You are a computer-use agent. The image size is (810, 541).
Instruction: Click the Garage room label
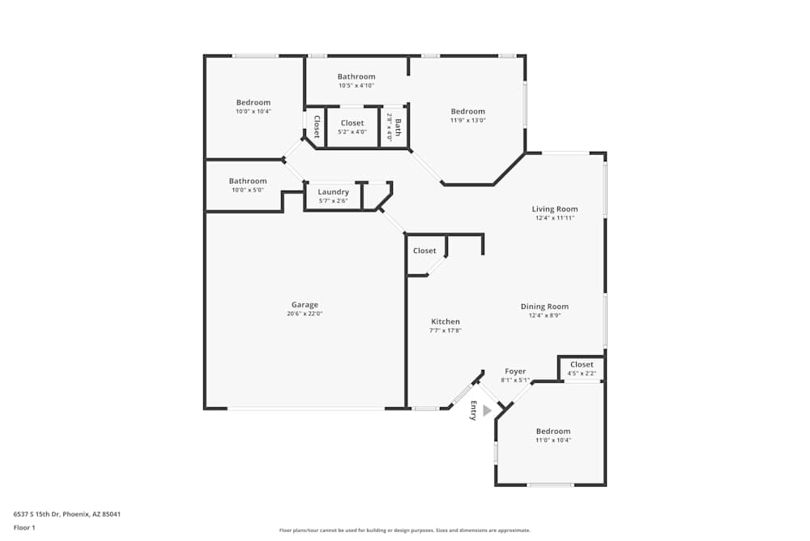(305, 305)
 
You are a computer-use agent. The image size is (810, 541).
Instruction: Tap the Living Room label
(555, 209)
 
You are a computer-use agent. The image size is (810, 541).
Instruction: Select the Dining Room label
(544, 307)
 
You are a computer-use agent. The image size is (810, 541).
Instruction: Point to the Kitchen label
(446, 322)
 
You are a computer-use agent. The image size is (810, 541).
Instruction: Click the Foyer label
(515, 371)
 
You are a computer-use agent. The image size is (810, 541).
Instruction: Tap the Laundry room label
(333, 192)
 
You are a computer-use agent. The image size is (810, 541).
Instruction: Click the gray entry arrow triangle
(487, 411)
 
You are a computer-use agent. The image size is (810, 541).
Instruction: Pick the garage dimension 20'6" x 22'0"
(305, 314)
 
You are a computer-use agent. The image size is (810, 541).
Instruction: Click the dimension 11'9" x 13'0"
(468, 120)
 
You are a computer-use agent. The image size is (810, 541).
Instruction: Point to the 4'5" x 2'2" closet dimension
(582, 373)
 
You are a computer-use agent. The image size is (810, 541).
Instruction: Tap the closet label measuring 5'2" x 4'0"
(352, 123)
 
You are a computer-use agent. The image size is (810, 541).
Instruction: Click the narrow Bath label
(397, 127)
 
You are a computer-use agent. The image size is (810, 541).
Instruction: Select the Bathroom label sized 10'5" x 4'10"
(356, 76)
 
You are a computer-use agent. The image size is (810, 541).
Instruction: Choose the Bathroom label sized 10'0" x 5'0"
(247, 181)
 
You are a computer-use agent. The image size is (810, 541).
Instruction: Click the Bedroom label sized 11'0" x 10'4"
(553, 432)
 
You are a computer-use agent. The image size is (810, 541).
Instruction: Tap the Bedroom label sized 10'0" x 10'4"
(254, 102)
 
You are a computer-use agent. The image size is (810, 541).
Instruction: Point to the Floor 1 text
(24, 527)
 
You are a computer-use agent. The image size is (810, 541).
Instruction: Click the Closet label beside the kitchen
(424, 251)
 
